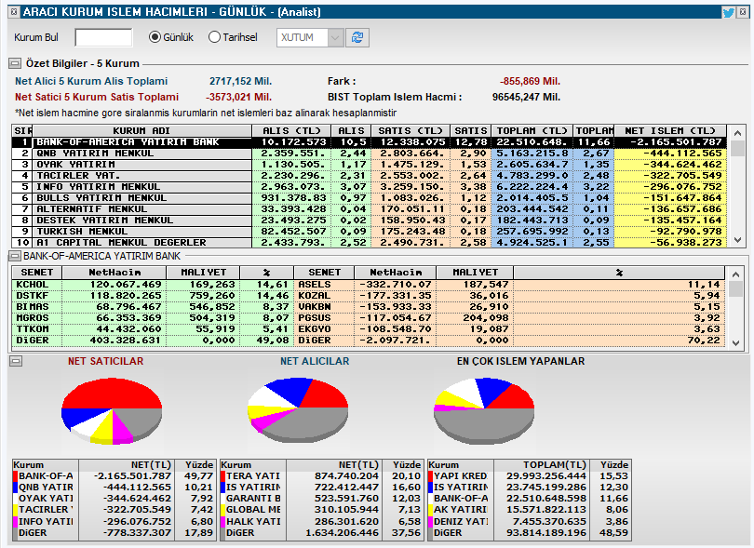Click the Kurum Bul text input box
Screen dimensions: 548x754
point(103,37)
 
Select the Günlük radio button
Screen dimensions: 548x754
point(155,37)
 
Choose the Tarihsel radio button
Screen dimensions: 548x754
point(215,37)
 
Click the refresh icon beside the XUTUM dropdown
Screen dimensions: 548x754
point(358,37)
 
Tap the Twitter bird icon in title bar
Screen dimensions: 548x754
point(728,12)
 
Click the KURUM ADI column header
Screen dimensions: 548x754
point(141,130)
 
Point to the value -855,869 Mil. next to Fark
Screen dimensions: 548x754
point(531,81)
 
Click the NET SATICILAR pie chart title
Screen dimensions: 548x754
point(105,361)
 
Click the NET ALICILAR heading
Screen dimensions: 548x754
point(315,361)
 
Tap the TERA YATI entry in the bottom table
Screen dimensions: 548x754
point(254,475)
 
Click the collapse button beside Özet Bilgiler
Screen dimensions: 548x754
point(15,63)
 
